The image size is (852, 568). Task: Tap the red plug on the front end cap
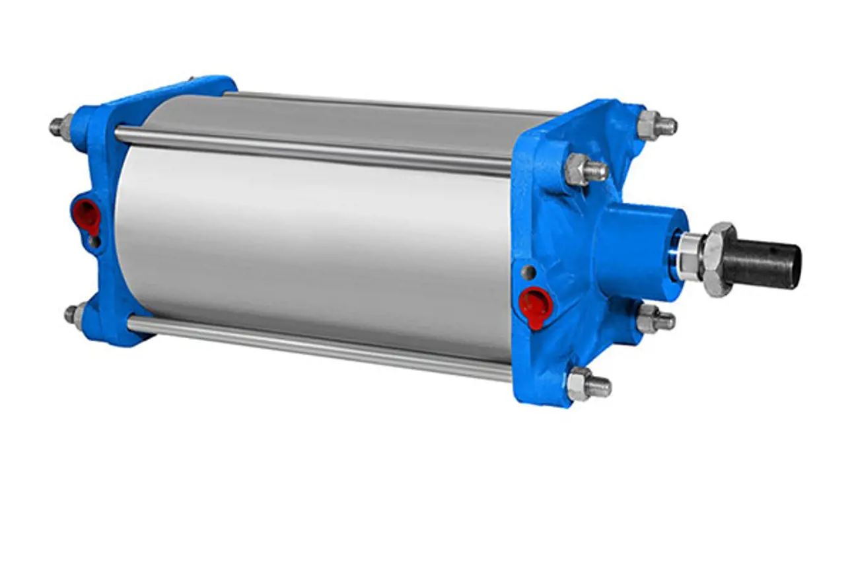[x=532, y=305]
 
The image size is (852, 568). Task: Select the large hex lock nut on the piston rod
[x=717, y=259]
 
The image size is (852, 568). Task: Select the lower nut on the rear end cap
[x=75, y=314]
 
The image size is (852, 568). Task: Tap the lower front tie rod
[x=317, y=347]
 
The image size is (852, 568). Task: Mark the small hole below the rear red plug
[x=96, y=242]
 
